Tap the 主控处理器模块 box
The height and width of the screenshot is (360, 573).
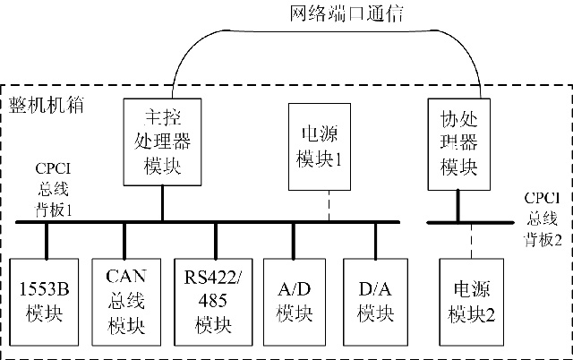pyautogui.click(x=162, y=141)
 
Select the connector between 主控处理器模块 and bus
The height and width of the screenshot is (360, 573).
pyautogui.click(x=162, y=203)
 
